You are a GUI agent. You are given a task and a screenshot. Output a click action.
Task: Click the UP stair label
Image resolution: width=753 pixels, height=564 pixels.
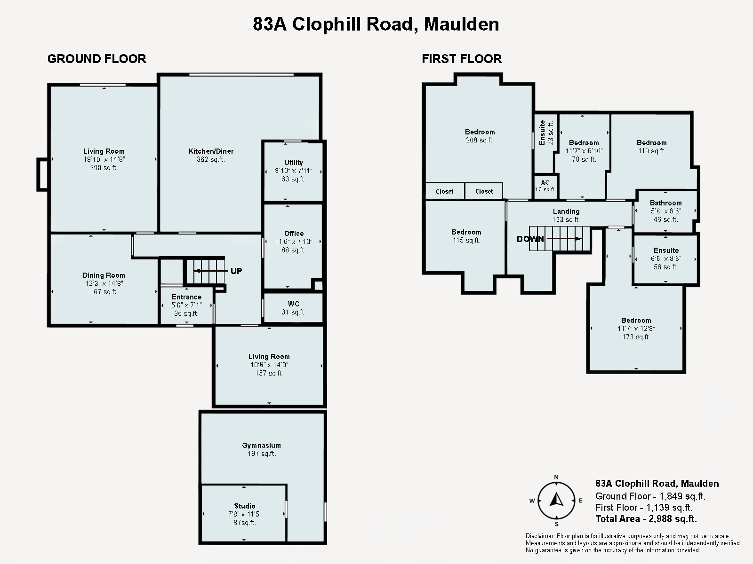point(236,271)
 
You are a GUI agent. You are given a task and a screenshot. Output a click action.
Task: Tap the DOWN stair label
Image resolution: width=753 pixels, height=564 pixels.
point(530,239)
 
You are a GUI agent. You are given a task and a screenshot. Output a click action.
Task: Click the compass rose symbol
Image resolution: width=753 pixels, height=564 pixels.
point(556,501)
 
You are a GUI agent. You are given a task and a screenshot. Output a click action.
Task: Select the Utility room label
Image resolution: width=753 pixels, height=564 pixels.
point(293,163)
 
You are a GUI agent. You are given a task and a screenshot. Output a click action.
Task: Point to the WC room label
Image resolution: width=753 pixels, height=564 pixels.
point(293,304)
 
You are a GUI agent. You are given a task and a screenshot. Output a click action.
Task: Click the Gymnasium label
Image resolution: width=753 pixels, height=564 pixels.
point(261,446)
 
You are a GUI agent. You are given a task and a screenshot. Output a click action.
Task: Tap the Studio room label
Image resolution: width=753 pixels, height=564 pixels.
point(245,506)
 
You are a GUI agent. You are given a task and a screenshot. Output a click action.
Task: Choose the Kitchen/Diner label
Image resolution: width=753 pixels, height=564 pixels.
point(211,151)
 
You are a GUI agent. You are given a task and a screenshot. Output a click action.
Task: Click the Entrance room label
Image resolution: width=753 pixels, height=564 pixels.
point(186,297)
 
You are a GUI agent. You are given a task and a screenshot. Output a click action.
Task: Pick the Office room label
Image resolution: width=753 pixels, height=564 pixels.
point(294,234)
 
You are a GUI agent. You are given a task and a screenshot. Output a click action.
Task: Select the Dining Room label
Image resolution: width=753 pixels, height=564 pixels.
point(104,275)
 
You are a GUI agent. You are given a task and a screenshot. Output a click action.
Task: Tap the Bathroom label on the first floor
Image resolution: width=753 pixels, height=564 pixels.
point(665,203)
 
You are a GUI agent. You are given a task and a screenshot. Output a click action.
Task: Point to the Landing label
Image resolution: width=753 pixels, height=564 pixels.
point(566,211)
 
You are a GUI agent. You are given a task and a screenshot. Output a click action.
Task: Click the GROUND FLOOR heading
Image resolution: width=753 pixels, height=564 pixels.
point(97,59)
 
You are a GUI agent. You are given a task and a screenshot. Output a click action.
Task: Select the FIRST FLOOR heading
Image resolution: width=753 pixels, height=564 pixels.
point(462,59)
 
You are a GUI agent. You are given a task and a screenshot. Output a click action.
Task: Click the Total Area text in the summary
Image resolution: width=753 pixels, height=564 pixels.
point(646,519)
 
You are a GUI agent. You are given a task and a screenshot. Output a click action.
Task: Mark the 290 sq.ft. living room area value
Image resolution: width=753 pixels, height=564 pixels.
point(104,168)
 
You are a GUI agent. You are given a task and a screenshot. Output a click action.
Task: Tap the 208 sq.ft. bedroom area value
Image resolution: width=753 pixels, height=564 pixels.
point(480,140)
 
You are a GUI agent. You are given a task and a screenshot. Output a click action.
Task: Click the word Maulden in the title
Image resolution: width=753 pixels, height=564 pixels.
point(461,24)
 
